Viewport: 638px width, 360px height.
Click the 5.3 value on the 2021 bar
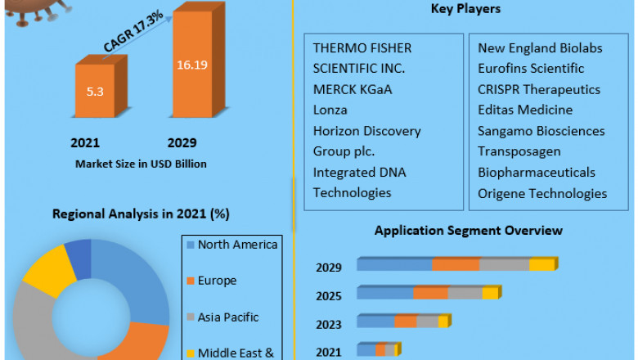pos(95,90)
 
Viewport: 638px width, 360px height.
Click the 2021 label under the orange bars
pos(85,142)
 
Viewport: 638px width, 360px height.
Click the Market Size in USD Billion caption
pos(141,164)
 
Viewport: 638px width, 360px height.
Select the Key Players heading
pos(465,9)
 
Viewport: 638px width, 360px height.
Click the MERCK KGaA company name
pos(352,89)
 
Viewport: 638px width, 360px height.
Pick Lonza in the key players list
pos(330,110)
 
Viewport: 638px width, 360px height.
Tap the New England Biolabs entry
pos(540,48)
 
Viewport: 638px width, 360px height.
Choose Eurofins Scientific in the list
pos(531,69)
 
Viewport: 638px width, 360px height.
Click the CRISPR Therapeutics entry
pos(539,89)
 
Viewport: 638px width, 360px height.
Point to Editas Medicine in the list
pos(525,110)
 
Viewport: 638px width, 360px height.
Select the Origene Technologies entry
pos(542,193)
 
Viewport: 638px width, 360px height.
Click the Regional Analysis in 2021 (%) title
pos(141,214)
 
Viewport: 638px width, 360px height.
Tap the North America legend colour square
pos(191,245)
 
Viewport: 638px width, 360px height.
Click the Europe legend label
pos(217,281)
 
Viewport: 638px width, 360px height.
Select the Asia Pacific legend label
pos(228,317)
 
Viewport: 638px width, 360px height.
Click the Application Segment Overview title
pos(469,231)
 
